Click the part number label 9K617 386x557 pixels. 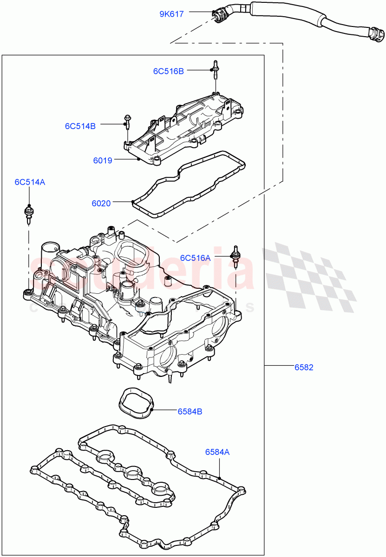(171, 14)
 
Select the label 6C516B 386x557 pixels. (168, 71)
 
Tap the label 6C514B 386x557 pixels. (80, 126)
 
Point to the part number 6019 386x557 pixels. (102, 161)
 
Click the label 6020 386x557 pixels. (101, 203)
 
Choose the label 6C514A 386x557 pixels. (29, 182)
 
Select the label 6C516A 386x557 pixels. (195, 258)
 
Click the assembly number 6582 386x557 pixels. (304, 367)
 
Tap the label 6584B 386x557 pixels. (189, 411)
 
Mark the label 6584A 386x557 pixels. (217, 451)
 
